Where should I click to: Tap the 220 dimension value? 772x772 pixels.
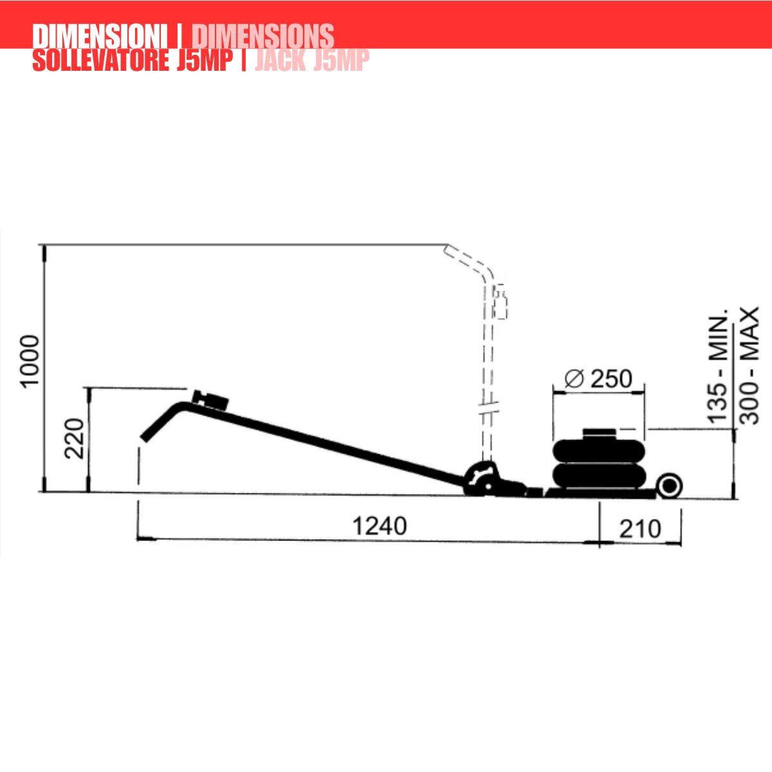click(75, 438)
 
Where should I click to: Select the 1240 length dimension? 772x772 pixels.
click(380, 526)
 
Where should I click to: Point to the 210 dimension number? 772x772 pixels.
click(639, 529)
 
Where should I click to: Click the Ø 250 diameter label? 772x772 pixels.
click(598, 378)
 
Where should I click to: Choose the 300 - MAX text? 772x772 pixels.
click(748, 366)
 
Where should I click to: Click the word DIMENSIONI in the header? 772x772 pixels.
click(100, 36)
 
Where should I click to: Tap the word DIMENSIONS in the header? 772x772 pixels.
click(263, 36)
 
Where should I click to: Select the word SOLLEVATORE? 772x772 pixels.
click(100, 60)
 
